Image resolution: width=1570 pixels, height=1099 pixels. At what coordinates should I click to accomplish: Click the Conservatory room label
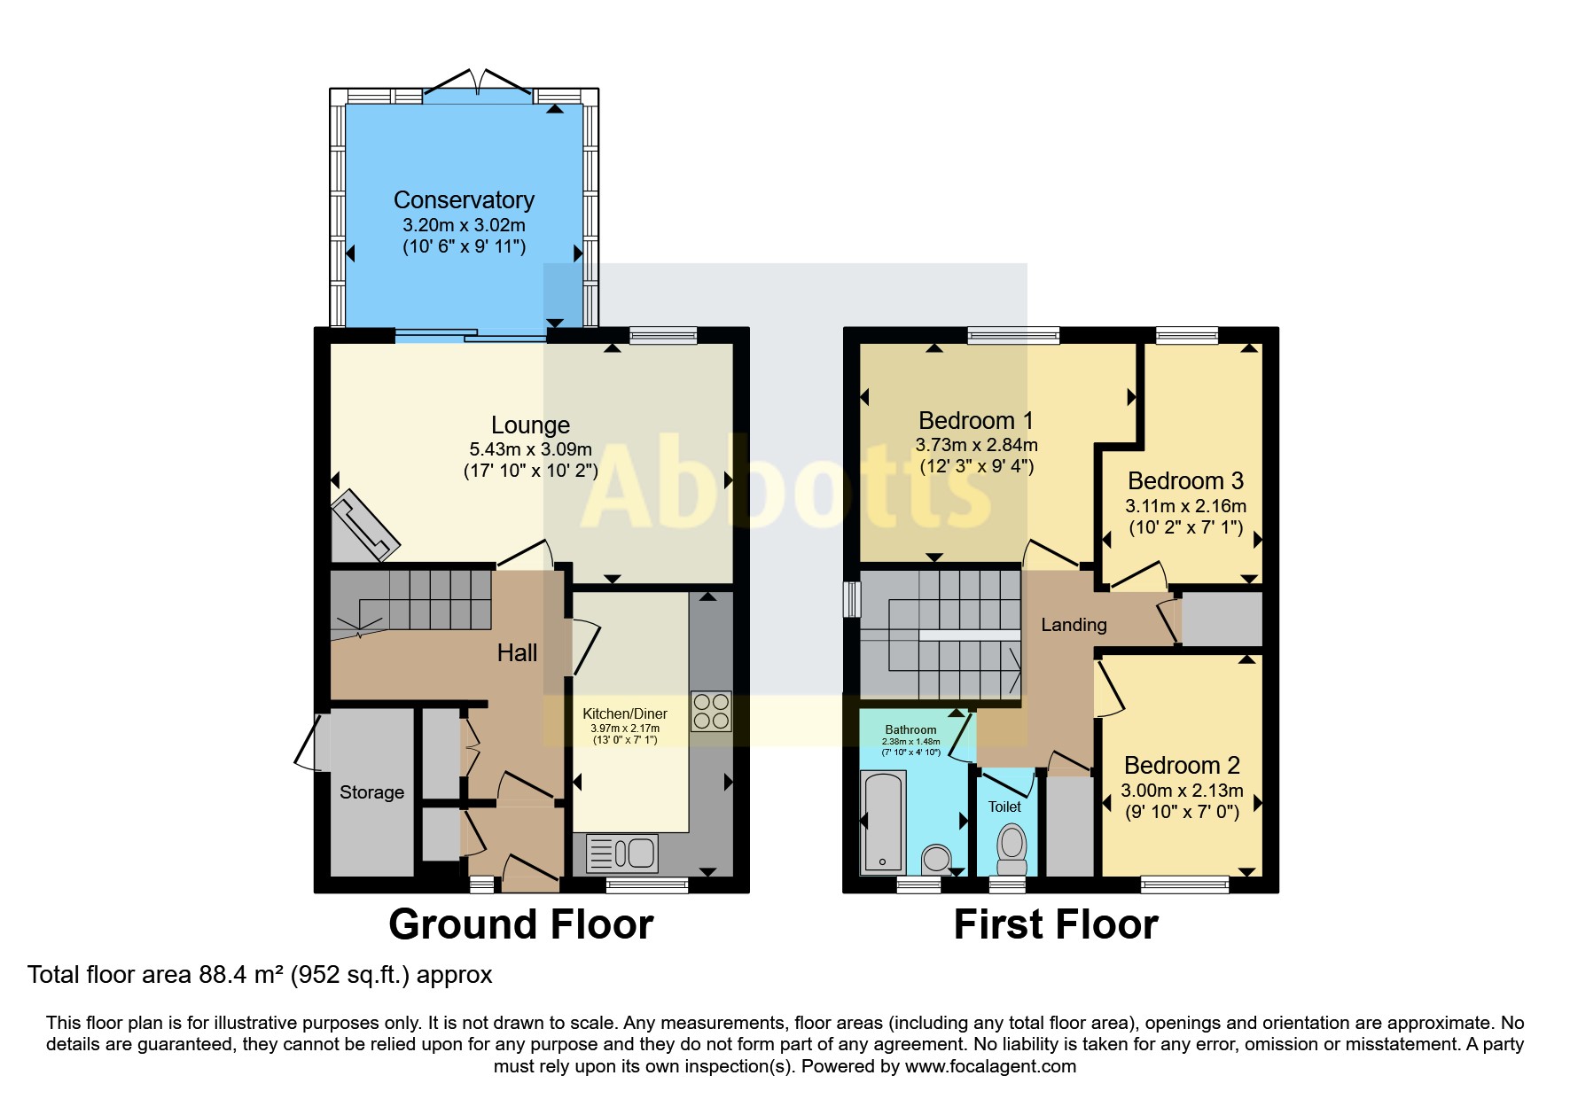click(x=464, y=200)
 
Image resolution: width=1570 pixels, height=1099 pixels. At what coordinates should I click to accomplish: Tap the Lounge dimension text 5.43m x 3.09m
click(x=530, y=449)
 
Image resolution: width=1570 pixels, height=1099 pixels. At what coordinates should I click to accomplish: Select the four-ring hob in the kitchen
click(x=711, y=712)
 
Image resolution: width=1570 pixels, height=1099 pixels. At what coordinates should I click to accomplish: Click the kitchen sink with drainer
click(x=621, y=853)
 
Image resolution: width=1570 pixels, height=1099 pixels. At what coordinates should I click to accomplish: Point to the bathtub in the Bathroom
click(x=883, y=822)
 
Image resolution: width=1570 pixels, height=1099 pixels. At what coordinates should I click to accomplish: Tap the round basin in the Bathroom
click(x=936, y=858)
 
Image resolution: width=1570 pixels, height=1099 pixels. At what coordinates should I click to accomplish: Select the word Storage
click(x=371, y=792)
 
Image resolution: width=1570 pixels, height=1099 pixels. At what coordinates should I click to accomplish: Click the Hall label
click(x=517, y=653)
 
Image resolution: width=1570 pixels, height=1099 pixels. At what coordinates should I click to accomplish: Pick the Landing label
click(x=1074, y=625)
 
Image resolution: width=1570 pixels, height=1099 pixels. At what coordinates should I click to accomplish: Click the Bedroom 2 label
click(x=1182, y=765)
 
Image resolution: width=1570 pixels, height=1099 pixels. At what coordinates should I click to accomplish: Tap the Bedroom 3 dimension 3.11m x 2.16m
click(x=1185, y=506)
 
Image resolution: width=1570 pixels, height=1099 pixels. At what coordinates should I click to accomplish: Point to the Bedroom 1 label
click(x=976, y=420)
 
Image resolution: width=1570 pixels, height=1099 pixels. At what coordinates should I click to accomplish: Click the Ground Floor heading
click(x=521, y=924)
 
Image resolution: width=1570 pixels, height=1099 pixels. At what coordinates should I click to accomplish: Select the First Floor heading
click(x=1056, y=924)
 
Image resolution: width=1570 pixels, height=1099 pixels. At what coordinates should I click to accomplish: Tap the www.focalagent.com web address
click(x=990, y=1066)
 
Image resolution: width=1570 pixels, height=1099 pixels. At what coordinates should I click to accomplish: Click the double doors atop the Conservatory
click(x=478, y=81)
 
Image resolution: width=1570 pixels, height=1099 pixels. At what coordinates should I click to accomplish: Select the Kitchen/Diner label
click(x=625, y=713)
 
